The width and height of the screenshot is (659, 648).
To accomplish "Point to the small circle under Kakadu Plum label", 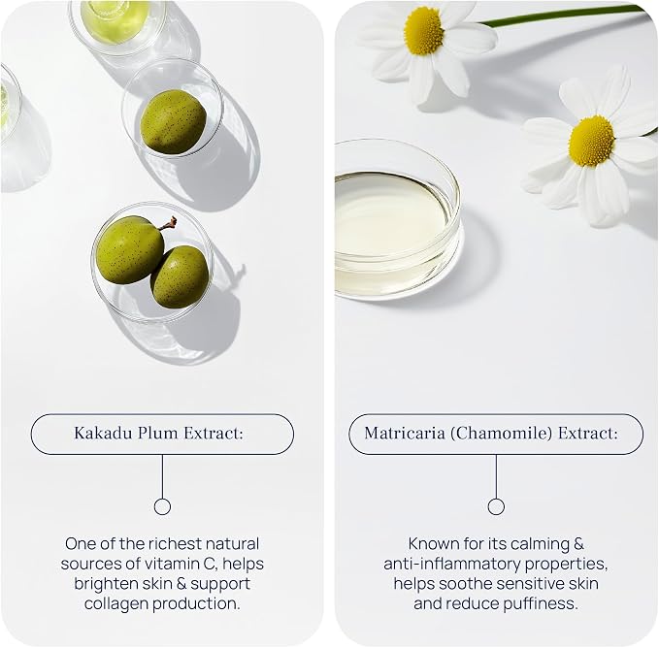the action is [x=162, y=506].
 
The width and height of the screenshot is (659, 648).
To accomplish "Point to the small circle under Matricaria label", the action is [x=496, y=506].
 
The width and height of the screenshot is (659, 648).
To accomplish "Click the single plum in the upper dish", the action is [x=173, y=121].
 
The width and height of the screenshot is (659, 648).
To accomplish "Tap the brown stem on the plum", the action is [x=169, y=223].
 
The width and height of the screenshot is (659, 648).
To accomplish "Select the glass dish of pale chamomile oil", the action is [x=397, y=218].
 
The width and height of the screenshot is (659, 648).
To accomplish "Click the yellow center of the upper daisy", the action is [x=423, y=31].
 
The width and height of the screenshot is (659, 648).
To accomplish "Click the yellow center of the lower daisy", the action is [x=591, y=141].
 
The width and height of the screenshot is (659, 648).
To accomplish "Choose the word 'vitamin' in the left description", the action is [x=172, y=564].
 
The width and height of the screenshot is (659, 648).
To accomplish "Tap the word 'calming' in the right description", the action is [x=539, y=544].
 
